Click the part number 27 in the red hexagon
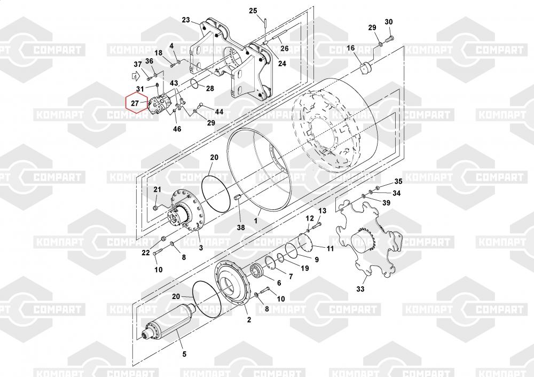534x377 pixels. point(135,103)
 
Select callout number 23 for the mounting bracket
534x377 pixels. point(186,20)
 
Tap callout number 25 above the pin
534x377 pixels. point(253,11)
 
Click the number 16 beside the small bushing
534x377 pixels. point(350,49)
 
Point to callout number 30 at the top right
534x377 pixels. point(389,22)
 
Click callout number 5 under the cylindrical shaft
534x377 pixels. point(184,354)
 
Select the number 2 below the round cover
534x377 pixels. point(248,320)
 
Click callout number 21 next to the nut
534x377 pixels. point(157,190)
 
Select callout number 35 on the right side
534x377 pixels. point(398,182)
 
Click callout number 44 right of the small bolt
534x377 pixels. point(219,112)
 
